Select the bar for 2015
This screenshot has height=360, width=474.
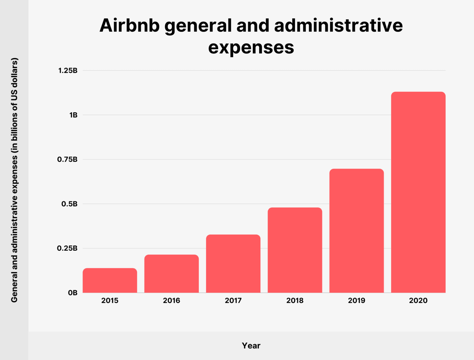point(110,280)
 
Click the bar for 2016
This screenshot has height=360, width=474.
point(171,273)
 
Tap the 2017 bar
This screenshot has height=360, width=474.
point(233,264)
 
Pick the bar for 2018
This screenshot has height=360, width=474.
point(295,250)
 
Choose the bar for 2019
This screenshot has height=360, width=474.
point(356,231)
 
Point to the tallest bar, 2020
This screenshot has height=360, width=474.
point(418,192)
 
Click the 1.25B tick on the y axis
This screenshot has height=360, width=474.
point(68,70)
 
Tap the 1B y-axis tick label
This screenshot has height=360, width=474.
point(73,115)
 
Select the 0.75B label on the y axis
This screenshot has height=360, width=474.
point(67,159)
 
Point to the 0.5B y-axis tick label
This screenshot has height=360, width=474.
point(69,204)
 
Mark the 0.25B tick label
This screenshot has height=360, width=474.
point(67,248)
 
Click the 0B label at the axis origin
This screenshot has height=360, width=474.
point(73,293)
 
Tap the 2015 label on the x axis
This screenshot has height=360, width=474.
point(110,300)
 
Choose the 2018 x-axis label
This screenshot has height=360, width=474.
point(295,300)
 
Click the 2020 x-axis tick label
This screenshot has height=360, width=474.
point(418,300)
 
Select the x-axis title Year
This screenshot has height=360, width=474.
point(251,346)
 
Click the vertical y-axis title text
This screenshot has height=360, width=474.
point(14,180)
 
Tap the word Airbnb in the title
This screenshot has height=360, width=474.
point(129,25)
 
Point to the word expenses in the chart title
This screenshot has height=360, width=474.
point(251,47)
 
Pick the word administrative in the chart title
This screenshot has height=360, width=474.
point(338,25)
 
